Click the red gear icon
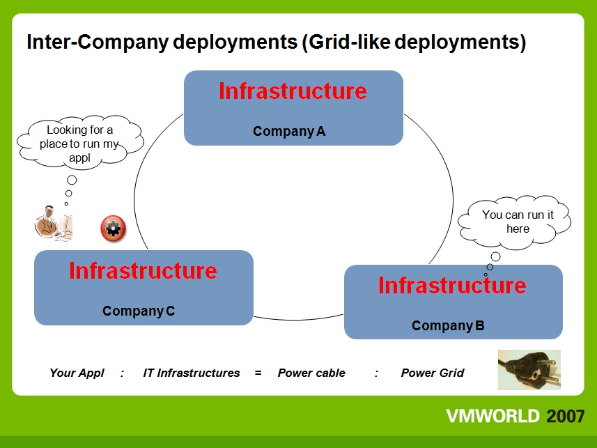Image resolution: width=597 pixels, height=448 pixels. [113, 229]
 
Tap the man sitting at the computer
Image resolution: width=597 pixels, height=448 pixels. [54, 223]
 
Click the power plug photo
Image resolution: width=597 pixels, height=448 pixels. [529, 369]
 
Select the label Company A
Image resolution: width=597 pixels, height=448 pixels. [289, 132]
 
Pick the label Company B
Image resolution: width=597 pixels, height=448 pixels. [448, 325]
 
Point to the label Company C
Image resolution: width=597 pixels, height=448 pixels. [139, 311]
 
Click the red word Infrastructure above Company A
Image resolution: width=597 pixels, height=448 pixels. [293, 91]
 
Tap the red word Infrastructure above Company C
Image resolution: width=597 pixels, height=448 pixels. [144, 271]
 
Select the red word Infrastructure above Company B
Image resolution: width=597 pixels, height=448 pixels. [452, 286]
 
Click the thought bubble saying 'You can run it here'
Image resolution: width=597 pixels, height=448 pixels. [514, 222]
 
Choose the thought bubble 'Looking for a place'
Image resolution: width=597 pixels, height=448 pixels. [80, 141]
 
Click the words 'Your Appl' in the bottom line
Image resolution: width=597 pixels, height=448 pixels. [77, 373]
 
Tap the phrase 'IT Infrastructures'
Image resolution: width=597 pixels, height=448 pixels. [192, 373]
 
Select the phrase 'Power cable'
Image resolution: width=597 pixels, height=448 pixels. [311, 373]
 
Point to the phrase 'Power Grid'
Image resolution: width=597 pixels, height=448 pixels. [433, 373]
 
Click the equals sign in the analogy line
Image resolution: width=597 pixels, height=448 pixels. [258, 373]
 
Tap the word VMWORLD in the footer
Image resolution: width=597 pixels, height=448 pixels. [493, 416]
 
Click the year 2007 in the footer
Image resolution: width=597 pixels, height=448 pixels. [566, 416]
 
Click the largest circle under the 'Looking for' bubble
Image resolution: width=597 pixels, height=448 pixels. [72, 180]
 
